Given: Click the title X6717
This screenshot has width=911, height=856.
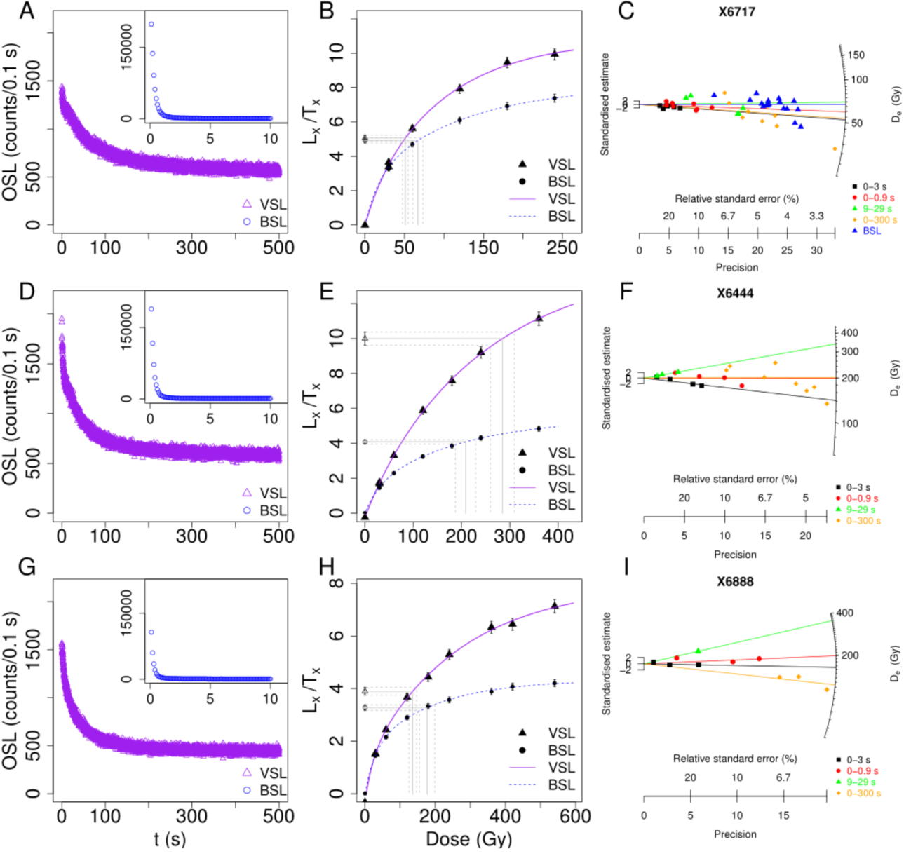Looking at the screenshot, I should point(736,12).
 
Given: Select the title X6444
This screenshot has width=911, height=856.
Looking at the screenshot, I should point(735,293).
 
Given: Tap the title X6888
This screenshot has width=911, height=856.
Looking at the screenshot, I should point(735,581).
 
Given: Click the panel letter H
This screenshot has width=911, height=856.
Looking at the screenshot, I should point(327,567).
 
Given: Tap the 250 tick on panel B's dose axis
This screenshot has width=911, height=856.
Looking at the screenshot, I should point(562,247).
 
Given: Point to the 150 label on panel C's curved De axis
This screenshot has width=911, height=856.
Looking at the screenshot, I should point(856,55).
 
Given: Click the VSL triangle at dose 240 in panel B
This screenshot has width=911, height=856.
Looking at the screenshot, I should point(554,53).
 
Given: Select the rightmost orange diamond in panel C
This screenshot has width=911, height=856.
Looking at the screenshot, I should point(835,149).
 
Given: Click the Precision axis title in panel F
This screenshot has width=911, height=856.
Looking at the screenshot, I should point(735,555).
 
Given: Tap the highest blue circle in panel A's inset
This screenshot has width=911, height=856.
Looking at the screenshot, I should point(151,24).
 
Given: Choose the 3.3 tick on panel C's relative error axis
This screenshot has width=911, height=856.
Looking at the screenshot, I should point(816,216).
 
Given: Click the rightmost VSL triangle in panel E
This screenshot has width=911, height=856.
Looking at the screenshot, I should point(539,318).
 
